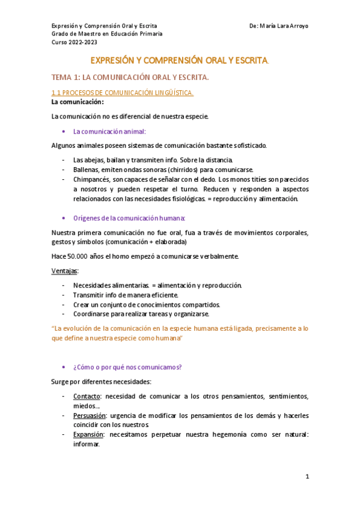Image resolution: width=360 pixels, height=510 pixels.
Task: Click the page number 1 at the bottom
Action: (307, 476)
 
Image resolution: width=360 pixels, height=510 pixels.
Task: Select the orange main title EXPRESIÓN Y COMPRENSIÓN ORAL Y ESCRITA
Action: (179, 61)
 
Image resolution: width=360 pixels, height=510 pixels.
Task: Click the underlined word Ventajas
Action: (65, 271)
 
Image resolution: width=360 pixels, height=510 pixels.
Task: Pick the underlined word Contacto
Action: (87, 396)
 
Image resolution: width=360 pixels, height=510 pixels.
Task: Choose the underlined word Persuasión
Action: (90, 416)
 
